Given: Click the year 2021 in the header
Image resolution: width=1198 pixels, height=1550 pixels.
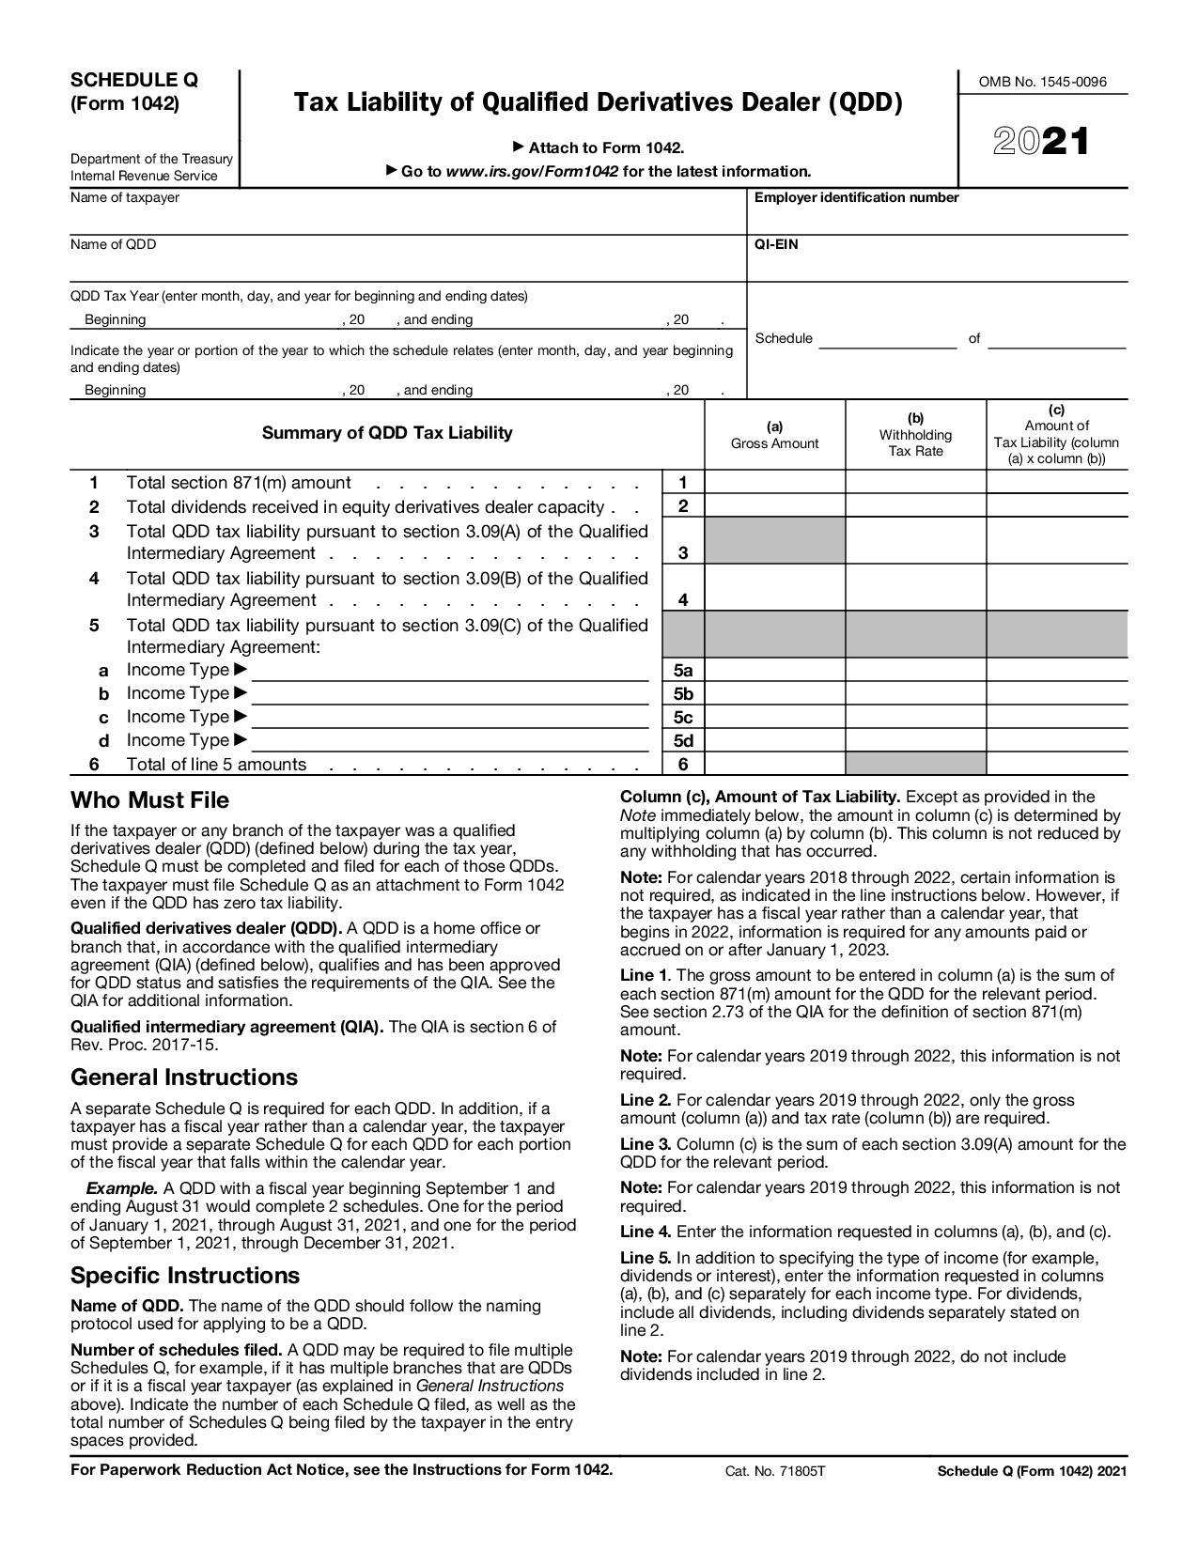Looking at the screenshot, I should click(1041, 142).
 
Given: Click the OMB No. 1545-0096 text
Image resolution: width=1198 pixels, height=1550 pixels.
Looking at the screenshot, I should click(1042, 82).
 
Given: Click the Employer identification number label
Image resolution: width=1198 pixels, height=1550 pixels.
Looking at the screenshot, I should click(856, 197).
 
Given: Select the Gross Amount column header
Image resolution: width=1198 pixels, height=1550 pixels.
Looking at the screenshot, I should click(774, 435).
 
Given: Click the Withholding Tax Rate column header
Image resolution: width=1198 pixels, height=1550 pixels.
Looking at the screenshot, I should click(915, 435).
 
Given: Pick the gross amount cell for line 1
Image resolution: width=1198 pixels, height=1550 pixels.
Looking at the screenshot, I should click(774, 483).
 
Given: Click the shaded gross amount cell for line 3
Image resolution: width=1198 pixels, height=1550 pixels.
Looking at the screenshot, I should click(774, 541).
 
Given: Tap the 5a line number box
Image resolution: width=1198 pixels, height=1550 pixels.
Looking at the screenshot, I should click(683, 670).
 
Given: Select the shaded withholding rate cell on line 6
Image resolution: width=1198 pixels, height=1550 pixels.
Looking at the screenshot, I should click(915, 764).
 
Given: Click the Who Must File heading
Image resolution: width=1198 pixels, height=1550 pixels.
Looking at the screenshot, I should click(149, 800).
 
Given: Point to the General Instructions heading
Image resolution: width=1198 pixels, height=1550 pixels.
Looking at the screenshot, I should click(184, 1077).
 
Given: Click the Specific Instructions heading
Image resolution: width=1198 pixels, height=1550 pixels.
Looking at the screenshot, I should click(185, 1275).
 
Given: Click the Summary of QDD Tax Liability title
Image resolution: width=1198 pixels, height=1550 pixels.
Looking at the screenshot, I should click(386, 433).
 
